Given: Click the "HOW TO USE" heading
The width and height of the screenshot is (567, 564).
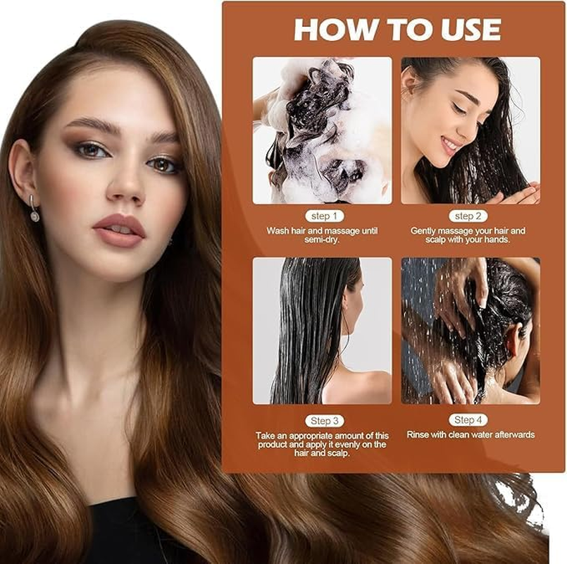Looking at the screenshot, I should click(x=397, y=30).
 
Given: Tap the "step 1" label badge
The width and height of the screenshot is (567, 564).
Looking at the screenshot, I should click(x=324, y=216).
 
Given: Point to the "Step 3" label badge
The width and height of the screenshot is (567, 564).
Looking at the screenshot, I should click(x=324, y=421).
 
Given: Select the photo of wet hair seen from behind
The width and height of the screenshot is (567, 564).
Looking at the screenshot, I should click(x=323, y=331).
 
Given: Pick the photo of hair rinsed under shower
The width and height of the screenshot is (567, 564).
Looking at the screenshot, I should click(x=470, y=331).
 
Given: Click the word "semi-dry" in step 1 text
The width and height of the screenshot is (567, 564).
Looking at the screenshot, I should click(x=323, y=240).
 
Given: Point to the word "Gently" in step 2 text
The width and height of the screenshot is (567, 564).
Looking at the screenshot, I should click(x=425, y=231).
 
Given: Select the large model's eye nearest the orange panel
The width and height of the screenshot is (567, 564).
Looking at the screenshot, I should click(x=163, y=164).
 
